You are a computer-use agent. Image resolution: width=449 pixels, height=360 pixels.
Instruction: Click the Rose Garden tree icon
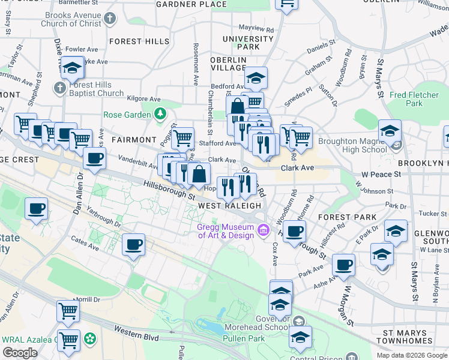coord(160,113)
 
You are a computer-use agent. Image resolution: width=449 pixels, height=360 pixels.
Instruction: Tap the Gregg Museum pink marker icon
coord(262,230)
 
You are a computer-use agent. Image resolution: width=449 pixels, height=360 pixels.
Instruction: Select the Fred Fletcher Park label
coord(414,99)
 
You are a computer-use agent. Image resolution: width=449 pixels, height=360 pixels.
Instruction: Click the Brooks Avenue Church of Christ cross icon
coord(109,19)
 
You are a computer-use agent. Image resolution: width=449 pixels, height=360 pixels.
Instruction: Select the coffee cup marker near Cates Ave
coord(134,245)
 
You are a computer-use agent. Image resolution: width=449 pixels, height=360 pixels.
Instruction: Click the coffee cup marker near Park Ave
coord(343,265)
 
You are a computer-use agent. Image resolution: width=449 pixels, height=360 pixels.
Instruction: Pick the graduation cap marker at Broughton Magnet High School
coord(390,131)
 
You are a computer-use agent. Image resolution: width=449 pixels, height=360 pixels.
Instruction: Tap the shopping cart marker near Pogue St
coord(182,138)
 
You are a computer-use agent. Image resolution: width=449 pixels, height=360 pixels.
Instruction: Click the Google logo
coord(20,353)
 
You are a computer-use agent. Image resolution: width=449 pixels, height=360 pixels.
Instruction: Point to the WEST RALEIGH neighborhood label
coord(231,205)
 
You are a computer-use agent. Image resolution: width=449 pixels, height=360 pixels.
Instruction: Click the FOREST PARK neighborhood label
coord(348,217)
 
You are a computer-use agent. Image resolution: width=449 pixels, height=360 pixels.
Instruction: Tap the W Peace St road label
coord(381,174)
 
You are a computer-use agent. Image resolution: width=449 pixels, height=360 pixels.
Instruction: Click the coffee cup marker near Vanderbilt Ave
coord(94,159)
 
